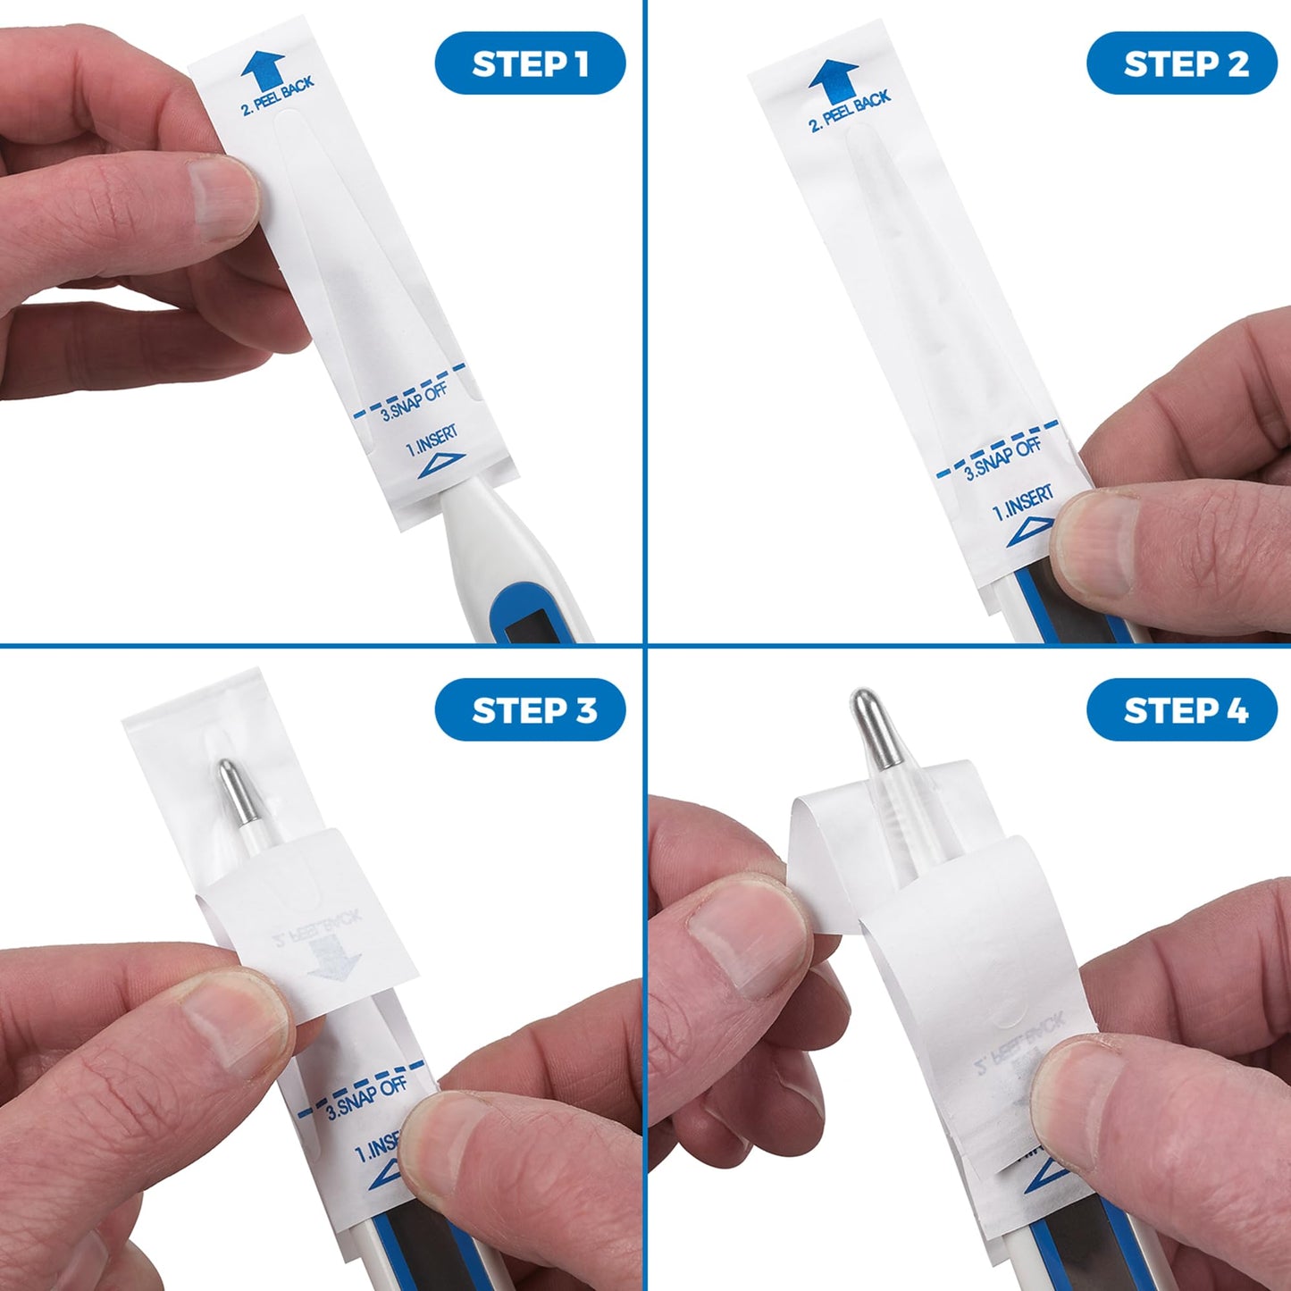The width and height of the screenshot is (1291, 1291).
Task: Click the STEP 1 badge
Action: coord(530,63)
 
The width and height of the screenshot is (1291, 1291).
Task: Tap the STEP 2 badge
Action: coord(1181,63)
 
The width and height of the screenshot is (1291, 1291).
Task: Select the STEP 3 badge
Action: coord(530,710)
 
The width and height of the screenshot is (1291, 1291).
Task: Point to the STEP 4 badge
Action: coord(1181,710)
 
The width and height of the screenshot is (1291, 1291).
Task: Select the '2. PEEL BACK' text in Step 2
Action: coord(850,112)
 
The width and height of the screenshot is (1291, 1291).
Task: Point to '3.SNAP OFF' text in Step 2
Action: coord(1002,459)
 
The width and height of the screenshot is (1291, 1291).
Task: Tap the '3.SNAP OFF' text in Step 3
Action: coord(366,1098)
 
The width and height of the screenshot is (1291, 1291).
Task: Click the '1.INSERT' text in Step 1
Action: coord(432,440)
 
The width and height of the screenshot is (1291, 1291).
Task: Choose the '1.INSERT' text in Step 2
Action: coord(1023,503)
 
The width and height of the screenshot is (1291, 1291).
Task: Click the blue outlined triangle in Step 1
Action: coord(441,465)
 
